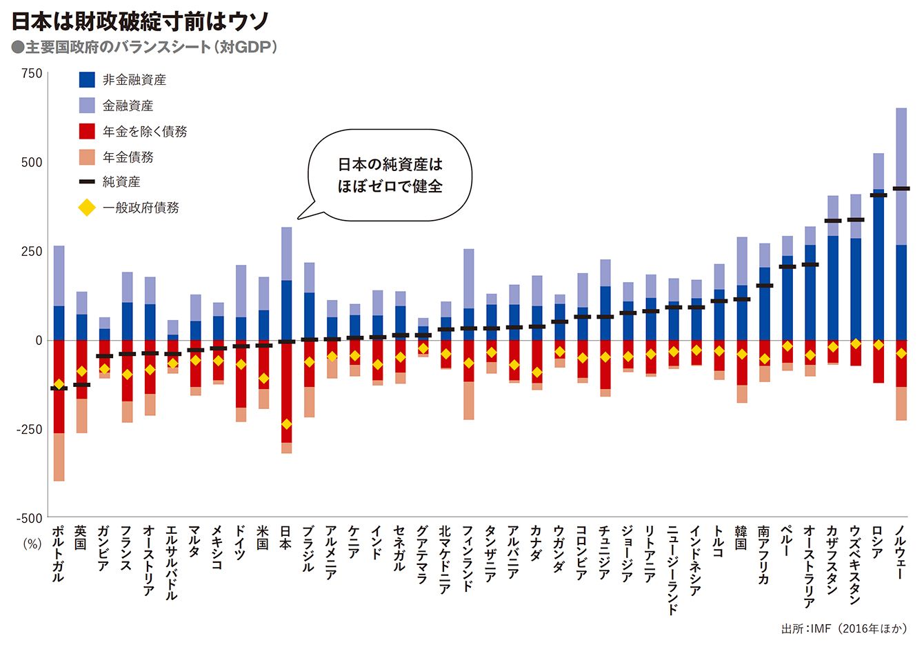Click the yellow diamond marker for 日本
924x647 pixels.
pos(286,424)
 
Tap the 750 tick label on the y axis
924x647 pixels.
pos(32,74)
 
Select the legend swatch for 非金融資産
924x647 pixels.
pos(87,80)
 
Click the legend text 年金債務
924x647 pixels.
pos(128,157)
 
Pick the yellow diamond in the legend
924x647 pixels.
pos(87,208)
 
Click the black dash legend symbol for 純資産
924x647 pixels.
pos(87,182)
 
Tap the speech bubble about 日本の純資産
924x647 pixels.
pos(390,175)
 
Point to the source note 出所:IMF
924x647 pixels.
pos(843,629)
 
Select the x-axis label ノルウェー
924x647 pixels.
pos(900,551)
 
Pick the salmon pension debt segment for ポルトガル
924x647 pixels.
pos(59,457)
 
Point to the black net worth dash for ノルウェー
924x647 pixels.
pos(901,188)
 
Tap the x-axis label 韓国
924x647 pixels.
pos(741,537)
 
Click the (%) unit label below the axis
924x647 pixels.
pos(32,543)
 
